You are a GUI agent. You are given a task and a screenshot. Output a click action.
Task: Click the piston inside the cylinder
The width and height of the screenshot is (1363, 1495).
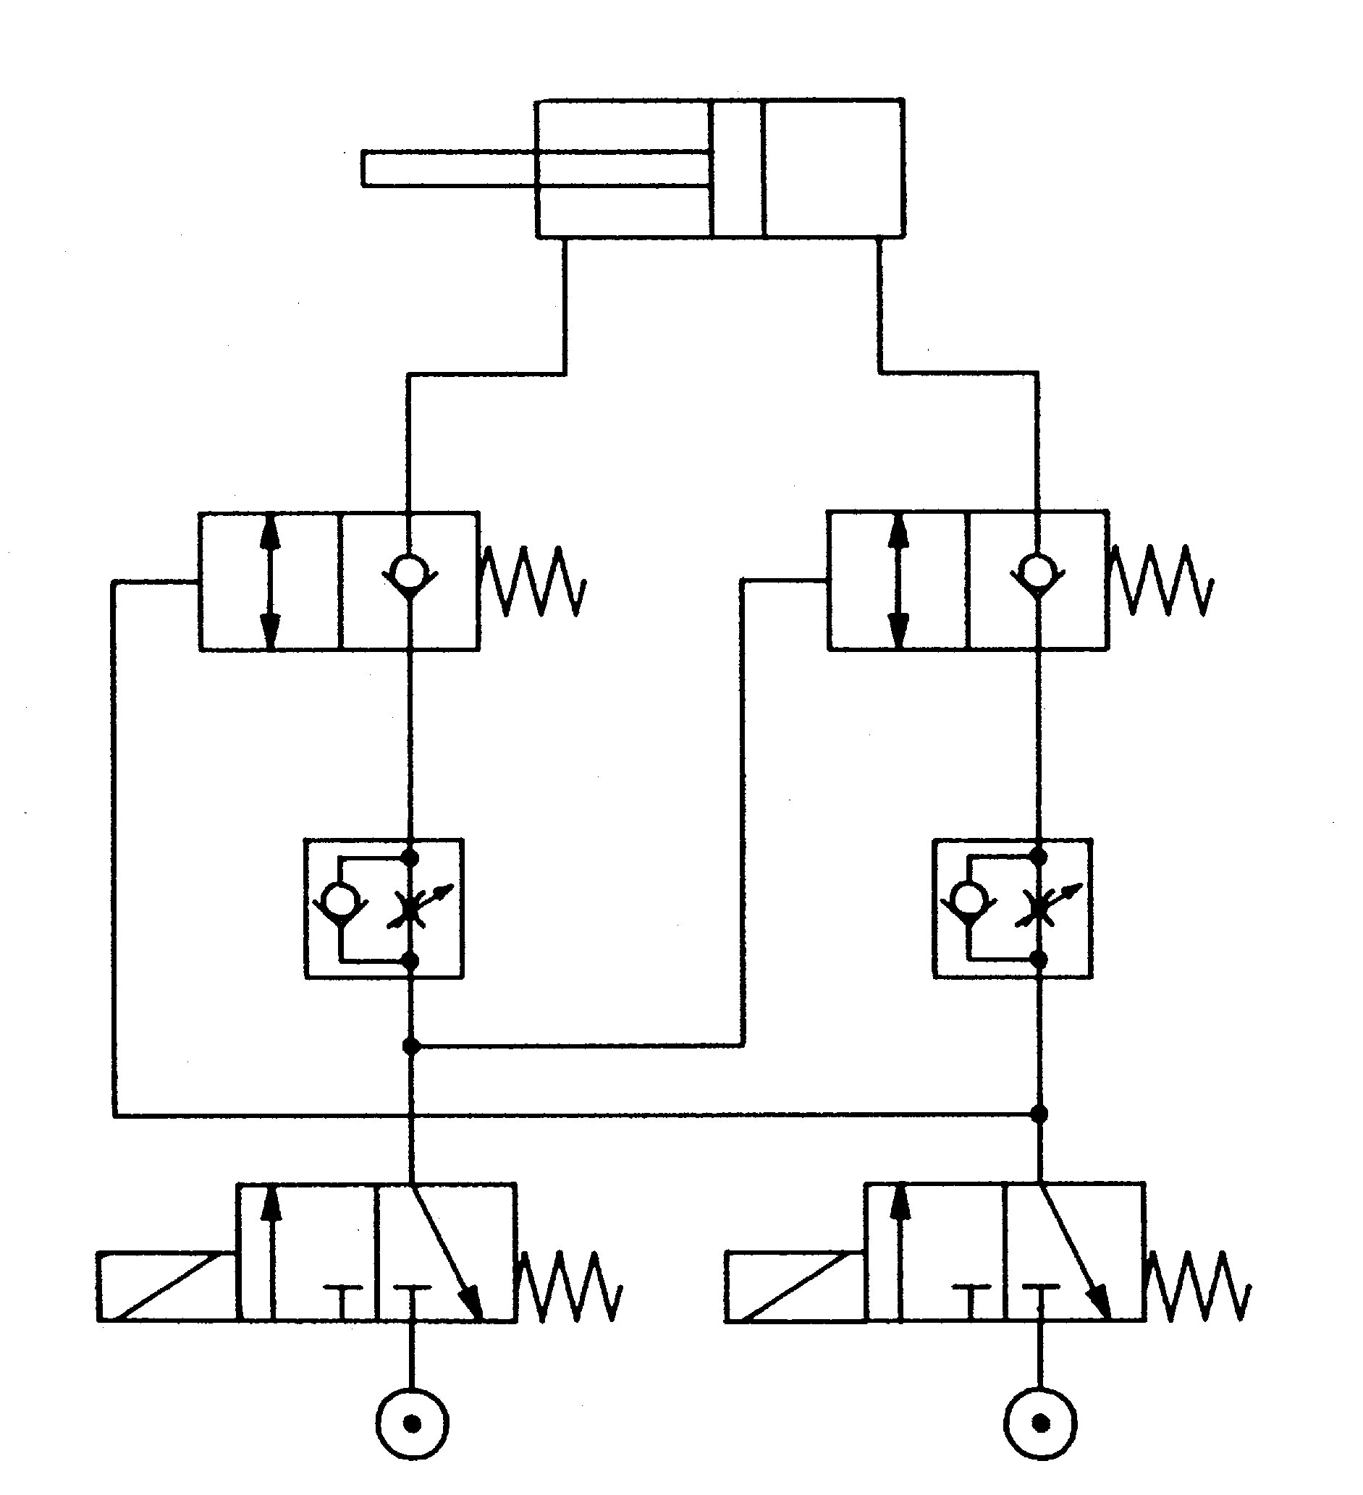tap(736, 169)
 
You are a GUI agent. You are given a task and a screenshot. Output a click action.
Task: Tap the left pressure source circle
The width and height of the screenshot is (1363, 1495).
tap(413, 1424)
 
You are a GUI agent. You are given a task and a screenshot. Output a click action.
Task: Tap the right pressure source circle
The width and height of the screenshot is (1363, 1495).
tap(1040, 1424)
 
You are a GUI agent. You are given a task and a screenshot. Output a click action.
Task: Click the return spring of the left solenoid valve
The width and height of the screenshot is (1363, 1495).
tap(570, 1287)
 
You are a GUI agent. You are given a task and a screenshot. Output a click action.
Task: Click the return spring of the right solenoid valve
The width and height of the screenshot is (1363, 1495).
tap(1198, 1287)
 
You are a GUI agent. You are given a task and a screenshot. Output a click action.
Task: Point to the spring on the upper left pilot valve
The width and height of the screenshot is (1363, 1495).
tap(533, 582)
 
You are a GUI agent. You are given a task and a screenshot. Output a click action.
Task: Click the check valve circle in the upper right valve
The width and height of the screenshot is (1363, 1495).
tap(1038, 570)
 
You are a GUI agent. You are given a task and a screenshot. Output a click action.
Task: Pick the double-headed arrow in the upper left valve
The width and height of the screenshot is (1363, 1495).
tap(271, 581)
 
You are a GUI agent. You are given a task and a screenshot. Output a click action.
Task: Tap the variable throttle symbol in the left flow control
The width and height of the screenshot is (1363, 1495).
tap(413, 909)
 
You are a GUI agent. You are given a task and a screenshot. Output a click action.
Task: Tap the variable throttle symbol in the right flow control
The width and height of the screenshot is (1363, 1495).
tap(1040, 908)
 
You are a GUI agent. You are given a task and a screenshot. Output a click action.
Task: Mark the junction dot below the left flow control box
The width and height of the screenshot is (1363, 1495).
tap(410, 1046)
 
